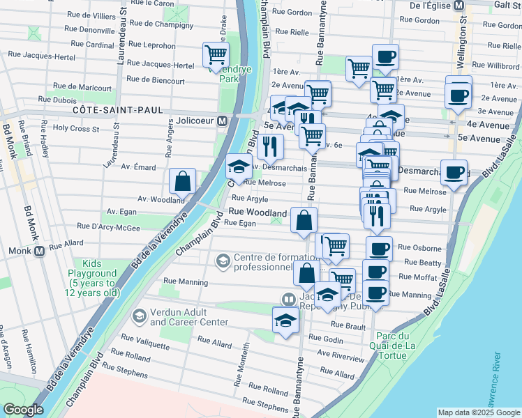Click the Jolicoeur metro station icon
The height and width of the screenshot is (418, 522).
(222, 121)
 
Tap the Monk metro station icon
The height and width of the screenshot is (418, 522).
(39, 251)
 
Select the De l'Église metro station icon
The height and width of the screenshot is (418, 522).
(459, 6)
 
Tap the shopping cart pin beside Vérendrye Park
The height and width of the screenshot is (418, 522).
(216, 54)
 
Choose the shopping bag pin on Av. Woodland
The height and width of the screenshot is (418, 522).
(182, 182)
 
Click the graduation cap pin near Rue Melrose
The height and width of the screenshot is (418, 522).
(238, 167)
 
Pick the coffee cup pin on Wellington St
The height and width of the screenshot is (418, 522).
(458, 96)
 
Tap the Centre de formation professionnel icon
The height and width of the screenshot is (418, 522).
(223, 261)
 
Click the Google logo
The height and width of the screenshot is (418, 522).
(23, 410)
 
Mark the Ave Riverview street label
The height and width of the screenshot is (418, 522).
(341, 355)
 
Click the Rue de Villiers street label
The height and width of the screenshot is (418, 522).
(94, 15)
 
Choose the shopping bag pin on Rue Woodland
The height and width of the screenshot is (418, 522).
(304, 221)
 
